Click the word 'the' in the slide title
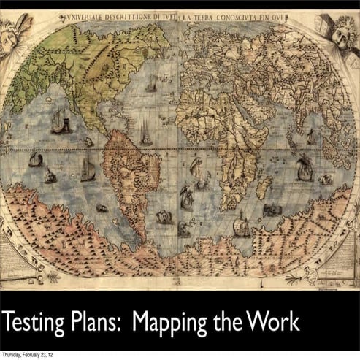221,322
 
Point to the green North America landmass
80,66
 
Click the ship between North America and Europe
150,84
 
